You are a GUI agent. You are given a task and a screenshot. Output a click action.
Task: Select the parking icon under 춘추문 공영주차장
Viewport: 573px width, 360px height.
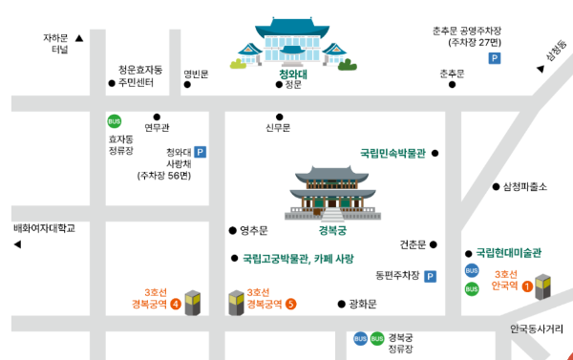[x=494, y=59]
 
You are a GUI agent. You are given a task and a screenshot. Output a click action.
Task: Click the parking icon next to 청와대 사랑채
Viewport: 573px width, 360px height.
[x=201, y=151]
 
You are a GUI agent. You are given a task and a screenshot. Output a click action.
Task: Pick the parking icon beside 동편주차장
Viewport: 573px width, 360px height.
[x=430, y=277]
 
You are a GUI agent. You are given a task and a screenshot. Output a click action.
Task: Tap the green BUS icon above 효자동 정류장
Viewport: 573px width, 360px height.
[x=115, y=121]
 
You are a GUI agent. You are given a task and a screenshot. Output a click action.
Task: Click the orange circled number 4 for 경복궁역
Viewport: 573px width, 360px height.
[x=175, y=305]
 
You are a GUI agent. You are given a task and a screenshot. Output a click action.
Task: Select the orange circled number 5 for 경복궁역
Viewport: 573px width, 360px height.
[x=290, y=305]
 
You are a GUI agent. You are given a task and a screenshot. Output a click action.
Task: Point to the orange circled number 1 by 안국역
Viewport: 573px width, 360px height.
[x=526, y=286]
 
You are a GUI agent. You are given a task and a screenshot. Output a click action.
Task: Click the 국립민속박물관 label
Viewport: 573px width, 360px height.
[x=392, y=153]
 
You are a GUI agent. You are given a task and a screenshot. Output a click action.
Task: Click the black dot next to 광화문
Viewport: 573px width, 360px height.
[x=341, y=305]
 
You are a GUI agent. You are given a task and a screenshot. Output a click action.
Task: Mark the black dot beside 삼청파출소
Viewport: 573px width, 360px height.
[x=496, y=187]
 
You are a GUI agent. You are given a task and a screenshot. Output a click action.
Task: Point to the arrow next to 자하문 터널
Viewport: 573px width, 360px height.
[x=79, y=39]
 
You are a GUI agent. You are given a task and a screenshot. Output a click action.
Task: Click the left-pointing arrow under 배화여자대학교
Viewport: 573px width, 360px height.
[x=17, y=245]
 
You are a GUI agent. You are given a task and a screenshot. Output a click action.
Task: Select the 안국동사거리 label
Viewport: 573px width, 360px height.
[x=537, y=329]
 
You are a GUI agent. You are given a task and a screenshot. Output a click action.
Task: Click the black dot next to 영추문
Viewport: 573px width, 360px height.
[x=232, y=230]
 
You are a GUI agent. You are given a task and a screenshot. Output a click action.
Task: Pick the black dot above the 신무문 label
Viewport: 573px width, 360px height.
[x=278, y=115]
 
